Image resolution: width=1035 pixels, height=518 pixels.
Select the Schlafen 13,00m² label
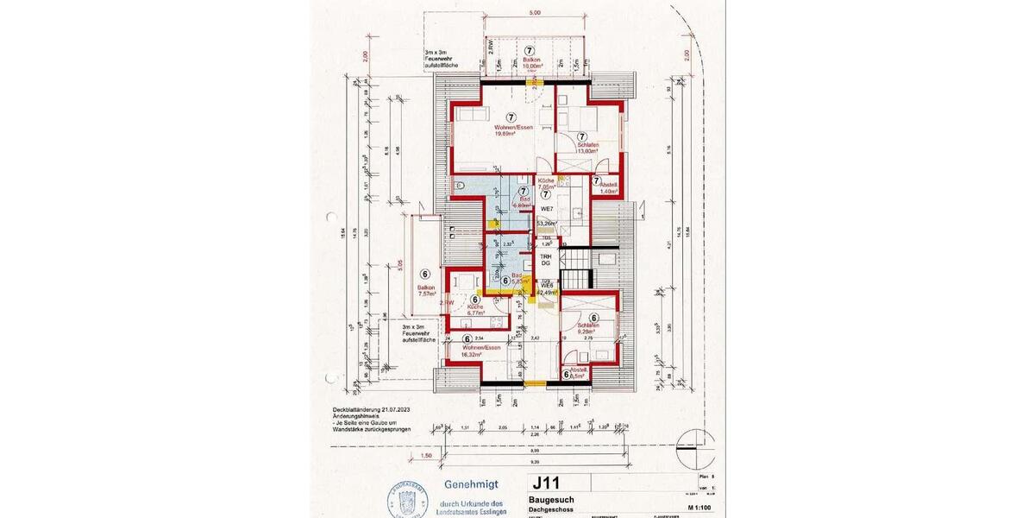(x=581, y=148)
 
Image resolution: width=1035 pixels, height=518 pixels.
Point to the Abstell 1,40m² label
(x=607, y=188)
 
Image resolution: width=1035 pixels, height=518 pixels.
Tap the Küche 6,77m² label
(x=476, y=310)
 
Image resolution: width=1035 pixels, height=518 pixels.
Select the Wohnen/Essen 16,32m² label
(x=481, y=350)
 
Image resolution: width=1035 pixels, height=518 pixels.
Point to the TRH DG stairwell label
(x=545, y=260)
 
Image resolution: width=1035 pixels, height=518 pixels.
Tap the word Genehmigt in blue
(x=470, y=485)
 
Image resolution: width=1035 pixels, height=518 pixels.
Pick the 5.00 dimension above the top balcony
(x=535, y=14)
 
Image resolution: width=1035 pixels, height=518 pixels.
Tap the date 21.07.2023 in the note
(x=394, y=409)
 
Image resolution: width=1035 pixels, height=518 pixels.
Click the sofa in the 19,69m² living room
(x=472, y=117)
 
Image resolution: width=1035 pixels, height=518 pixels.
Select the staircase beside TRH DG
(x=576, y=263)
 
